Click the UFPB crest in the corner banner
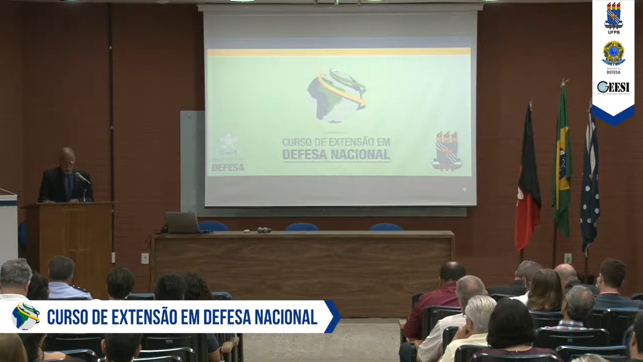click(x=613, y=16)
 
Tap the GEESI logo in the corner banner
click(x=613, y=87)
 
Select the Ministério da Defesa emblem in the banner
click(x=613, y=54)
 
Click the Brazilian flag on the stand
click(x=561, y=162)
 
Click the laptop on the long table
click(x=182, y=223)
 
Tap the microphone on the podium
click(x=82, y=178)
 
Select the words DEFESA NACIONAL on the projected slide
click(x=336, y=154)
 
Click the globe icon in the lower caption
click(x=26, y=316)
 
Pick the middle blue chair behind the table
click(x=302, y=227)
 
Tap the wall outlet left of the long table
click(x=145, y=258)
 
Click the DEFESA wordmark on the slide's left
click(x=228, y=167)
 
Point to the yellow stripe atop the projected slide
click(x=338, y=52)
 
